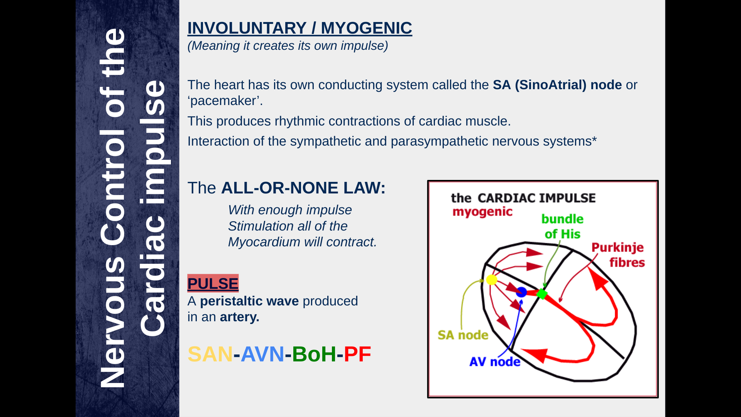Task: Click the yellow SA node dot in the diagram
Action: click(x=491, y=280)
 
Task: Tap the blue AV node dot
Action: click(x=521, y=292)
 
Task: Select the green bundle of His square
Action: click(x=542, y=294)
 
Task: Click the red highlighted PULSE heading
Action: click(x=213, y=283)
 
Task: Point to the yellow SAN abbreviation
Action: click(x=210, y=354)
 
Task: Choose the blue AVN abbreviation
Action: click(x=262, y=354)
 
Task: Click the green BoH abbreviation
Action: click(x=314, y=354)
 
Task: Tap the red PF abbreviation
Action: click(x=357, y=354)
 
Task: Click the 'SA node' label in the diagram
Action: click(x=463, y=335)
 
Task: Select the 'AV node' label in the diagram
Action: click(x=495, y=362)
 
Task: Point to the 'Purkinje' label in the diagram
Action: click(x=617, y=247)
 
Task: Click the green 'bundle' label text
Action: click(x=562, y=219)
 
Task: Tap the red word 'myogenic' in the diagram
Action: click(x=482, y=212)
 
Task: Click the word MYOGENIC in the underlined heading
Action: click(x=366, y=28)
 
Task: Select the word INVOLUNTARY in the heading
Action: click(x=247, y=28)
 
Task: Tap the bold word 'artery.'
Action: click(x=240, y=317)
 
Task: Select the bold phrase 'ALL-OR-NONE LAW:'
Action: click(x=303, y=188)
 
